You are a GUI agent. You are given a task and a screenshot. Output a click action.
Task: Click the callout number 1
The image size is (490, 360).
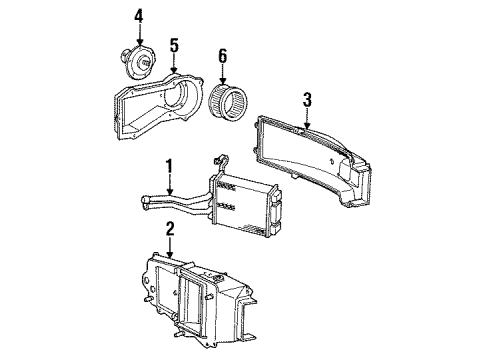(170, 166)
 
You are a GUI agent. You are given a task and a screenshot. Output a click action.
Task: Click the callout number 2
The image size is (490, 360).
(170, 229)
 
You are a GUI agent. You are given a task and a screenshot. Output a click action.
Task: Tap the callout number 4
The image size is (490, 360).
(139, 15)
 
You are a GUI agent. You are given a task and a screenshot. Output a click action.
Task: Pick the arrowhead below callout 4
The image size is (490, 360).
(140, 40)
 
